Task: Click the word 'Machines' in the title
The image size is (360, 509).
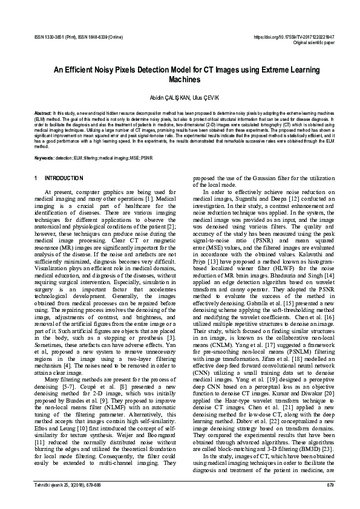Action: (x=180, y=79)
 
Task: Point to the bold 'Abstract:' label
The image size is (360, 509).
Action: (x=43, y=113)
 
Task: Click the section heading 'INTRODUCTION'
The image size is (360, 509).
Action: (x=64, y=178)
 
